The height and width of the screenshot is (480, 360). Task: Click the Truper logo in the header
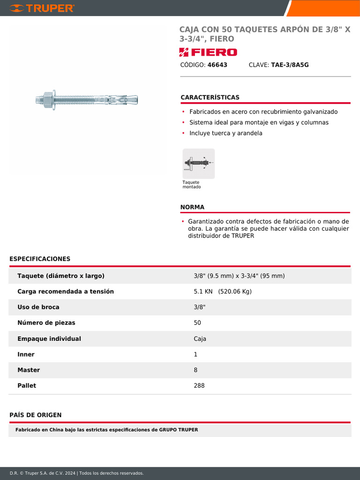point(42,8)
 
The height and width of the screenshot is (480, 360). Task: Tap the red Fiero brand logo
point(208,52)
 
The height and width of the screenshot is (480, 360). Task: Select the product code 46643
point(217,65)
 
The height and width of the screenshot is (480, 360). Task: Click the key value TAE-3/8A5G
point(290,65)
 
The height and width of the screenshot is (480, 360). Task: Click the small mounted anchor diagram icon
point(198,163)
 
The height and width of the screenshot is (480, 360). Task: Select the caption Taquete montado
point(191,185)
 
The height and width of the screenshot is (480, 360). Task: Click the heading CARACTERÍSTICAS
point(210,97)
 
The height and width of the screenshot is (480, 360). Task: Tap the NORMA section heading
point(192,207)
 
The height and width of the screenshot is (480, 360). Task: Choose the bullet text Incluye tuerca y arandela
point(225,133)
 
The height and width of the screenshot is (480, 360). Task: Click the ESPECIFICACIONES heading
point(40,259)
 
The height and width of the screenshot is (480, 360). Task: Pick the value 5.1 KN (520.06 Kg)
point(223,292)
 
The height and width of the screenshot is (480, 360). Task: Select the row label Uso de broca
point(38,307)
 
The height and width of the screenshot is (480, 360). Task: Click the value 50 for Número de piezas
point(197,323)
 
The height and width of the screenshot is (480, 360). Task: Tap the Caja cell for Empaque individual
point(200,338)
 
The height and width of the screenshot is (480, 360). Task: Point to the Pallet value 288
point(199,386)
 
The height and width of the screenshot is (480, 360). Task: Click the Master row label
point(29,370)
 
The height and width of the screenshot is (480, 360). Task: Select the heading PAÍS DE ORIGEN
point(36,415)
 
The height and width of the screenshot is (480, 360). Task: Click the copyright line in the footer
point(76,473)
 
